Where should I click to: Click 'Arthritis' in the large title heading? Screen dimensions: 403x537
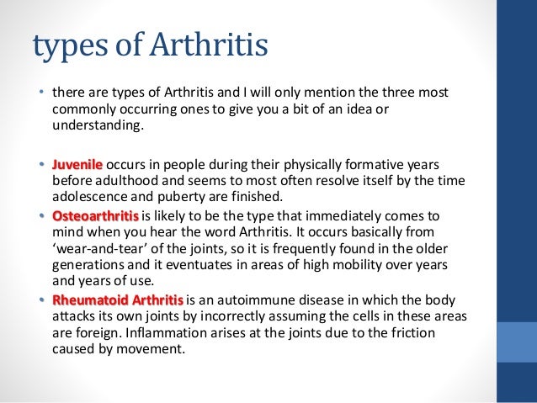coord(207,45)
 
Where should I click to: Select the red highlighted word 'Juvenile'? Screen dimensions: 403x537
coord(77,162)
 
